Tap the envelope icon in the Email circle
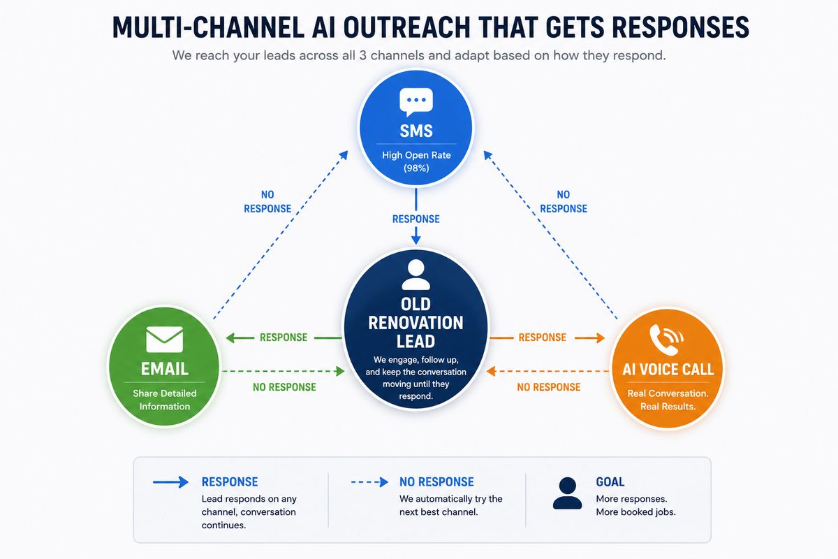[x=165, y=339]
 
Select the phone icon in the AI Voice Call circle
[x=666, y=339]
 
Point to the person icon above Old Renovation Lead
[x=416, y=275]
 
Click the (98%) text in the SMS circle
[x=416, y=168]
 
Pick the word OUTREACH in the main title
[x=406, y=27]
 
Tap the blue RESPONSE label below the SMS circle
[x=416, y=219]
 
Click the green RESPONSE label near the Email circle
[x=284, y=337]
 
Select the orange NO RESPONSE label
[x=549, y=387]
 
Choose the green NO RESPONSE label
[x=284, y=387]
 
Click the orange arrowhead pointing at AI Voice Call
[x=601, y=338]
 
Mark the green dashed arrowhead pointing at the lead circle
[x=340, y=371]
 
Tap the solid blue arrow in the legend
[x=170, y=482]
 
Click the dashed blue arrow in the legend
[x=369, y=482]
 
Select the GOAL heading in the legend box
[x=610, y=482]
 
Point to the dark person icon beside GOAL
[x=567, y=493]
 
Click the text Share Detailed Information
[x=165, y=400]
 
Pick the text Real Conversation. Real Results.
[x=668, y=400]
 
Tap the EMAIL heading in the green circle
[x=165, y=369]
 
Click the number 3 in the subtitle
[x=362, y=55]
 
